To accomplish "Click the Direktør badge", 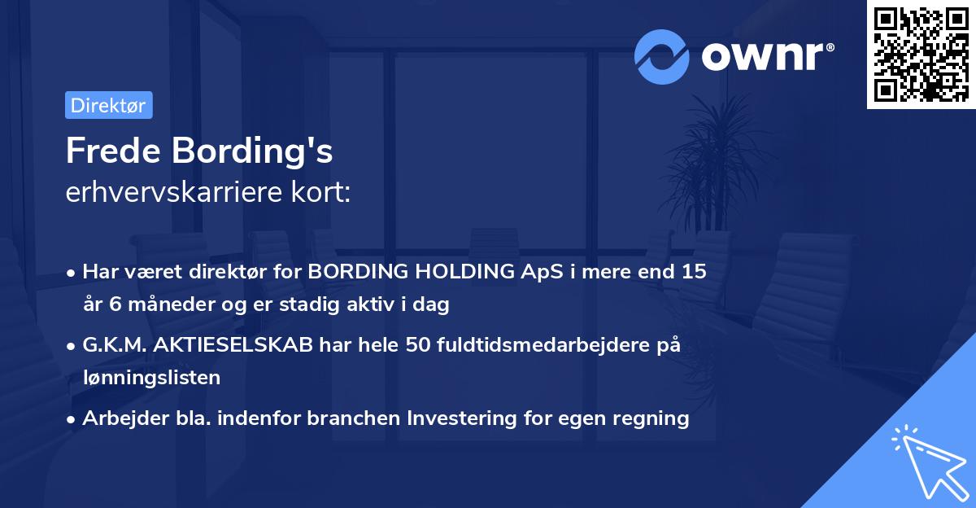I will pyautogui.click(x=108, y=105).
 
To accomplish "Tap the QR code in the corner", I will pyautogui.click(x=921, y=54).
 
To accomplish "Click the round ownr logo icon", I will pyautogui.click(x=661, y=56).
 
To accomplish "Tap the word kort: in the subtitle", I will pyautogui.click(x=325, y=192).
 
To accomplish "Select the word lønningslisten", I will pyautogui.click(x=151, y=378).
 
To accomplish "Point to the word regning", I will pyautogui.click(x=651, y=418).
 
